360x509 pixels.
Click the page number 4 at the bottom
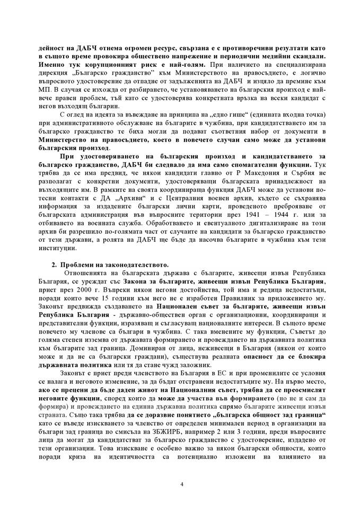click(181, 484)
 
